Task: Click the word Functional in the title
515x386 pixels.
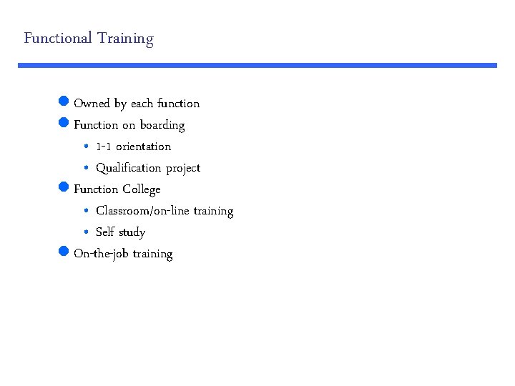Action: (x=57, y=38)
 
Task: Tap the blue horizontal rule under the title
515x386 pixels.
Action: (x=257, y=65)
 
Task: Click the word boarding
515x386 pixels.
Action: (x=162, y=125)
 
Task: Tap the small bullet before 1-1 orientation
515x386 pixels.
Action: (x=85, y=147)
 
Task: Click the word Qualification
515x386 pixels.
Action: (x=129, y=168)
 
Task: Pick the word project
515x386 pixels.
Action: (x=183, y=169)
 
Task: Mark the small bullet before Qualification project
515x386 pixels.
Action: (x=85, y=168)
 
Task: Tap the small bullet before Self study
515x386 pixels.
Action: (x=85, y=232)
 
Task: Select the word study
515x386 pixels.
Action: (x=131, y=232)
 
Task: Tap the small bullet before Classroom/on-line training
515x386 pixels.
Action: (x=85, y=211)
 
